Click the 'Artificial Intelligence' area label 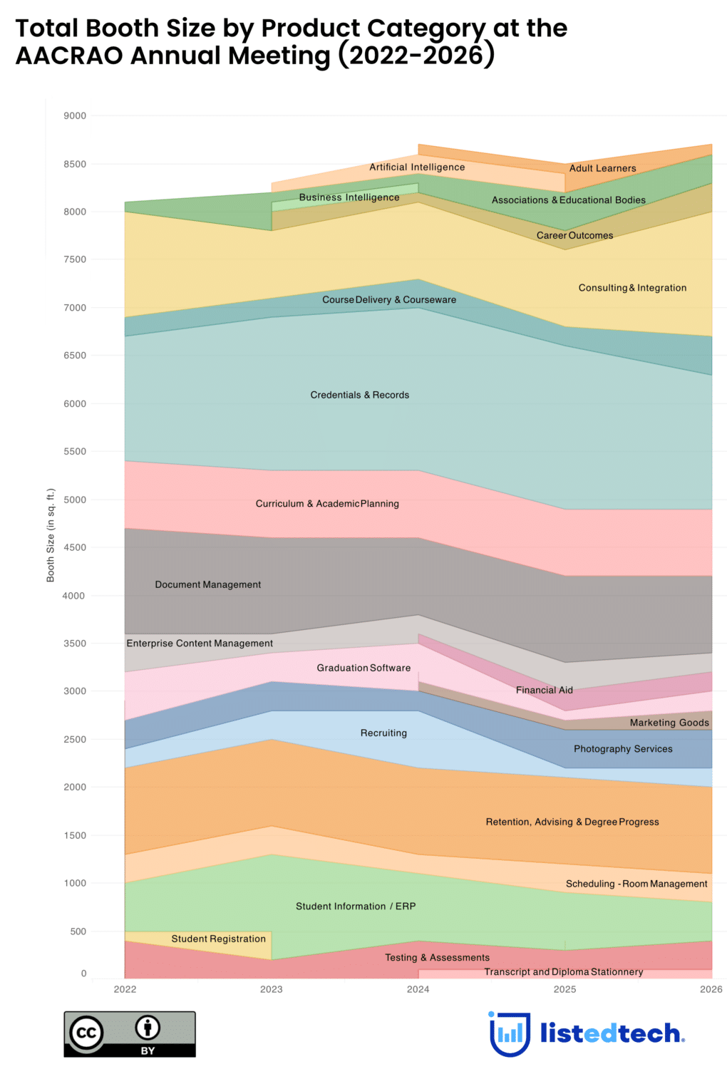(x=417, y=167)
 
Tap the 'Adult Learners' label (x=602, y=169)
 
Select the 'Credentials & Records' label (x=360, y=396)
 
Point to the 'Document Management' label (x=208, y=585)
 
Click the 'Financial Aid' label (x=545, y=691)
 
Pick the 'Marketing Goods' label (x=669, y=723)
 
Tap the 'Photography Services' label (x=623, y=750)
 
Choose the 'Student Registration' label (x=218, y=939)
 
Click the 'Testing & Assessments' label (x=438, y=958)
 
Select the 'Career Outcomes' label (x=574, y=236)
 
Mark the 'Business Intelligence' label (x=349, y=198)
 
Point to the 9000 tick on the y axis (x=75, y=116)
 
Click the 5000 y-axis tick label (x=75, y=500)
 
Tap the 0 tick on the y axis (x=83, y=974)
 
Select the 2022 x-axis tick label (x=125, y=989)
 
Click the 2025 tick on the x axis (x=565, y=989)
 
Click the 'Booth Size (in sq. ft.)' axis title (x=51, y=535)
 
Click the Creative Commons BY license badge (x=130, y=1034)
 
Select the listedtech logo (x=587, y=1033)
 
